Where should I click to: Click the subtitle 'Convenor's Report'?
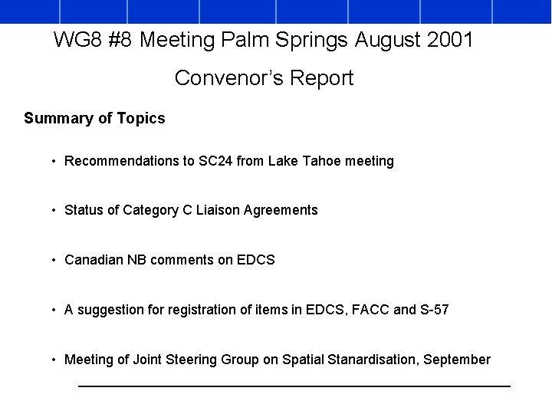pyautogui.click(x=264, y=78)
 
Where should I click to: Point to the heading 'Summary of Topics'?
pyautogui.click(x=94, y=118)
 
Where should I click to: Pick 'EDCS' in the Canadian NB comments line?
pyautogui.click(x=257, y=260)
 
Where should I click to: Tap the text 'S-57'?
pyautogui.click(x=434, y=310)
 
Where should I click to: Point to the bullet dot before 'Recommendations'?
pyautogui.click(x=53, y=162)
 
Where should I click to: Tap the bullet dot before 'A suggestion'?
pyautogui.click(x=53, y=310)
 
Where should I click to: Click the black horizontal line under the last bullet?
pyautogui.click(x=294, y=386)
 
